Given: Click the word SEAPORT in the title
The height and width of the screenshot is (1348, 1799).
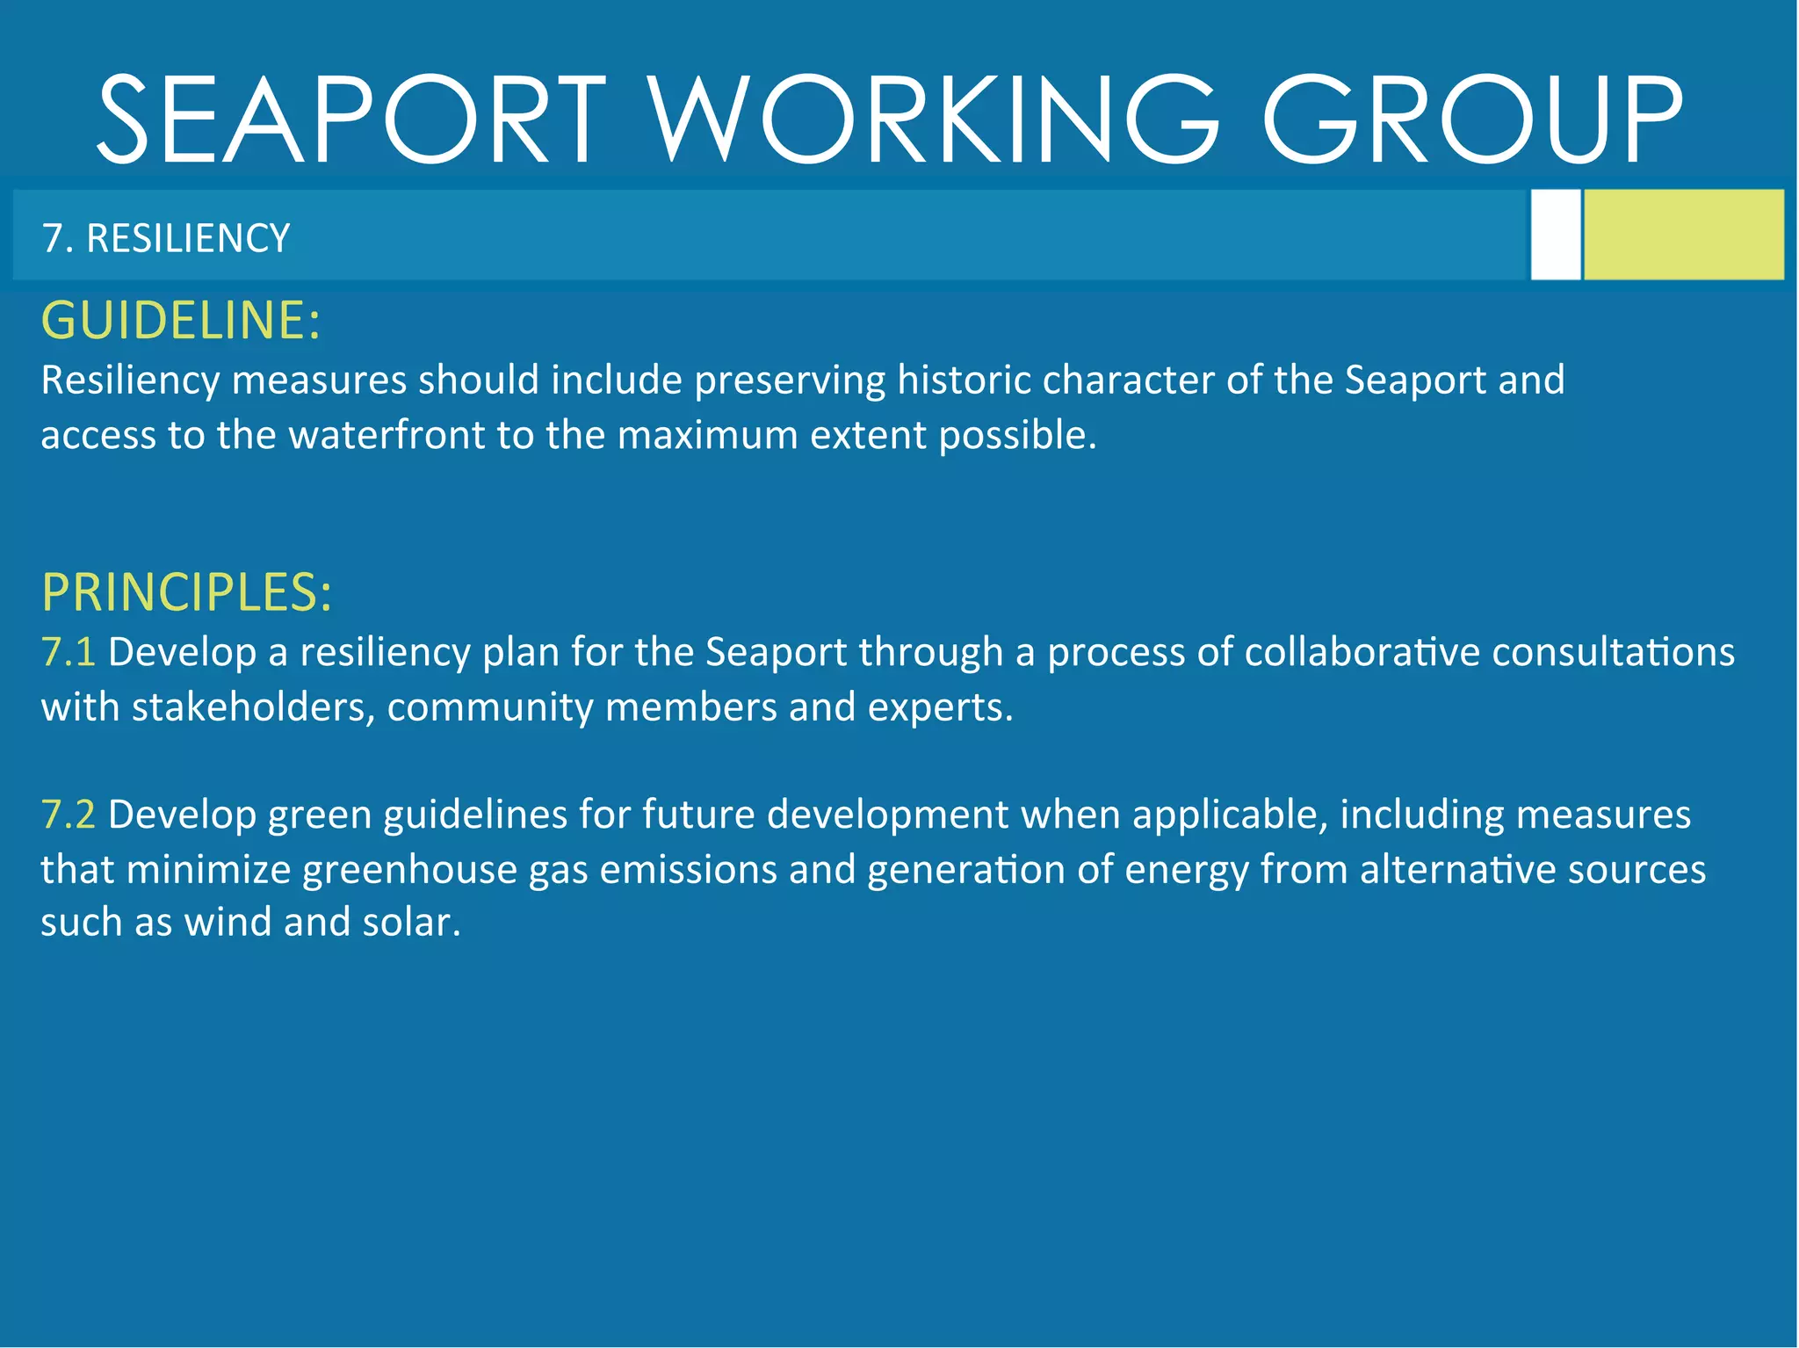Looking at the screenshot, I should (x=351, y=120).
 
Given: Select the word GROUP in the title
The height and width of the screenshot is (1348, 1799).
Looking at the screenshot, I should (x=1472, y=120).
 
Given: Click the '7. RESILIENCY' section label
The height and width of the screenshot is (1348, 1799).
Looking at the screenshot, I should (x=166, y=238).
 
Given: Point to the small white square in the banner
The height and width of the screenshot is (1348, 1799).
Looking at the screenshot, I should (x=1555, y=235).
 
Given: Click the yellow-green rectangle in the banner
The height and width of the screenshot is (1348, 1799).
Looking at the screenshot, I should (x=1683, y=235).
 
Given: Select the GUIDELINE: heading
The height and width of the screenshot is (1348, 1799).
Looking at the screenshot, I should (x=181, y=320).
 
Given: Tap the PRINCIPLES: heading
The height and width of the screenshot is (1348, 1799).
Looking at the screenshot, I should (x=187, y=592).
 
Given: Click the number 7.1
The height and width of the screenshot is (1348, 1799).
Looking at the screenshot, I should (x=68, y=652).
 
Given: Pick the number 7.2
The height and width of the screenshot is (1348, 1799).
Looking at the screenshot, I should (x=68, y=815).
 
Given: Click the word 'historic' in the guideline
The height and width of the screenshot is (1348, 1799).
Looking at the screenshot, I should (x=963, y=380).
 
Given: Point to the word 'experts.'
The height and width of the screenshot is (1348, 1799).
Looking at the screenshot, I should (x=940, y=707).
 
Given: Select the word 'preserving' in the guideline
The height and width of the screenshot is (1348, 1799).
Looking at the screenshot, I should (x=790, y=380).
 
